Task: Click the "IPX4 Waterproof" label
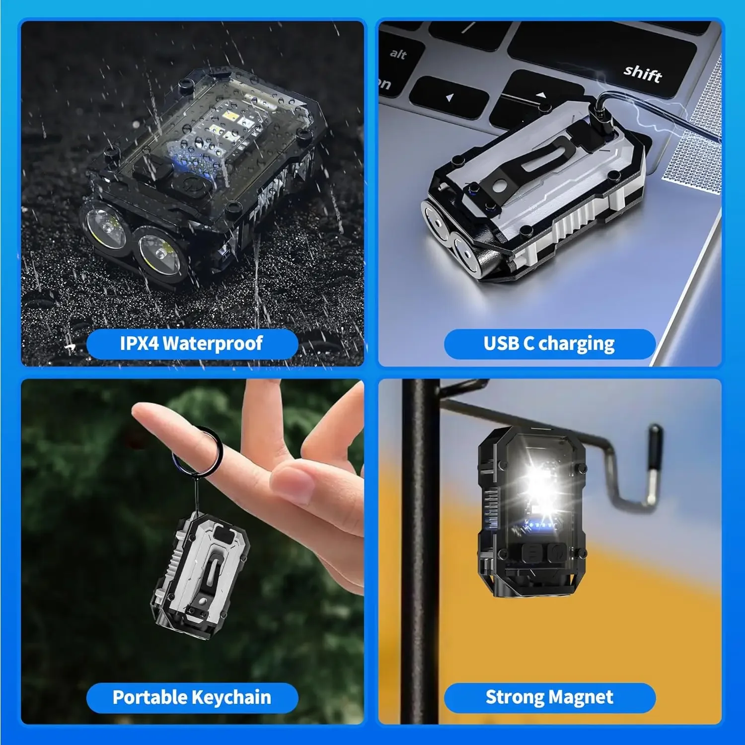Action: [x=192, y=344]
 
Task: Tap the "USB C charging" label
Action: [x=549, y=344]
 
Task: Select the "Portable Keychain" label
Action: [x=192, y=697]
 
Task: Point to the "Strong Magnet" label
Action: [x=549, y=697]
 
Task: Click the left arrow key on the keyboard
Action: [x=448, y=97]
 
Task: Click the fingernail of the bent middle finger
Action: [x=295, y=484]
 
